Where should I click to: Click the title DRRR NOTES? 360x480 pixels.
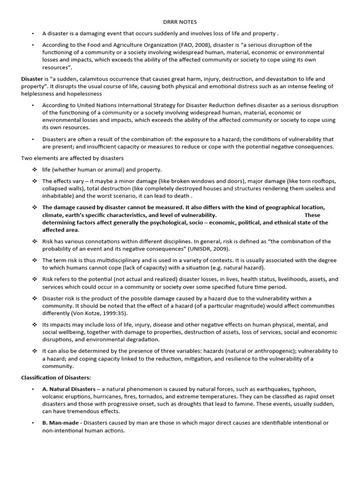click(180, 22)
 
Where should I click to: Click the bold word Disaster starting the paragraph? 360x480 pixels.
click(32, 79)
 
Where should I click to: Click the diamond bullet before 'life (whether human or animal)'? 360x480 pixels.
click(34, 170)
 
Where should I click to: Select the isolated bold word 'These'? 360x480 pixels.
click(313, 215)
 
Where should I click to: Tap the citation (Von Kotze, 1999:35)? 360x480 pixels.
click(98, 313)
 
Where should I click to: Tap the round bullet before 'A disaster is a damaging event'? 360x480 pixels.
click(33, 34)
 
